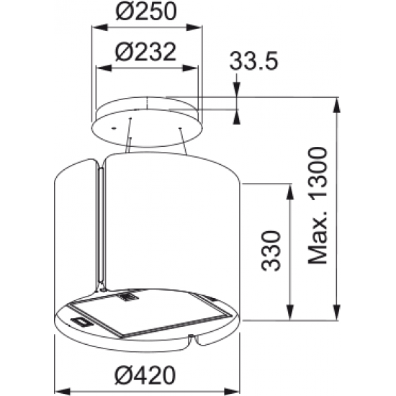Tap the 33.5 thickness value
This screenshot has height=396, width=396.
pyautogui.click(x=254, y=62)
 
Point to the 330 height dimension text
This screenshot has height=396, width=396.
pyautogui.click(x=270, y=251)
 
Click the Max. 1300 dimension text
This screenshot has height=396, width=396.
pyautogui.click(x=316, y=204)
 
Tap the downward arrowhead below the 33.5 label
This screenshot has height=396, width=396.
pyautogui.click(x=238, y=91)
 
